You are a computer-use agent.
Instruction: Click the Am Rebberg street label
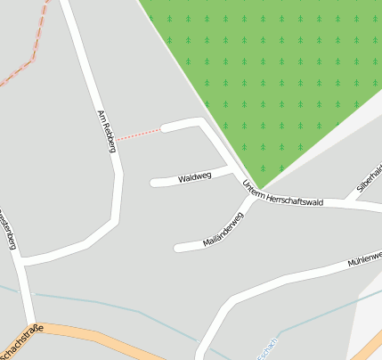pos(106,131)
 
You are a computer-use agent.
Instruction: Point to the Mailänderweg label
pos(223,229)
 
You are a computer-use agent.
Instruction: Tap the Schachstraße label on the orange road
pos(18,342)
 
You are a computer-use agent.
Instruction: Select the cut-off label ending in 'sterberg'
pos(7,230)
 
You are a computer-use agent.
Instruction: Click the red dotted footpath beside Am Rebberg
pos(138,134)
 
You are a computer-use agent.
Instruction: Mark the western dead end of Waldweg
pos(154,184)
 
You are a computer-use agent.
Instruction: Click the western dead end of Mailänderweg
pos(178,247)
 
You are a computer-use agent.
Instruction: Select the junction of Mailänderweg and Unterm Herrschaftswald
pos(253,198)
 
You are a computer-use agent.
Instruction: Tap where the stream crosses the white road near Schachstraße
pos(200,340)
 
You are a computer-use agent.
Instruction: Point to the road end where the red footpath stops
pos(164,127)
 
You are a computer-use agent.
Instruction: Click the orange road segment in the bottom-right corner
pos(367,344)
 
